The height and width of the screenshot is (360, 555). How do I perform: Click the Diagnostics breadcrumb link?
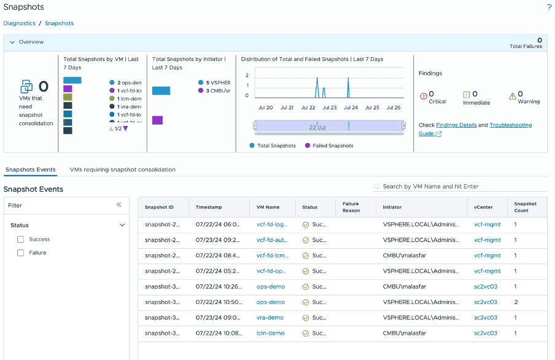click(19, 23)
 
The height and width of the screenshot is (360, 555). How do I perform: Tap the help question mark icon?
click(549, 7)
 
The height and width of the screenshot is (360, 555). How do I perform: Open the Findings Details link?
click(456, 125)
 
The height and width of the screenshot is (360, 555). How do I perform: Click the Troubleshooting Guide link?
click(510, 125)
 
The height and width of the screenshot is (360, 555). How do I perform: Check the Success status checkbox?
click(21, 240)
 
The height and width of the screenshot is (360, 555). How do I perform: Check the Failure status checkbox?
click(21, 253)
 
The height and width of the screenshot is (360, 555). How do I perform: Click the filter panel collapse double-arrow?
click(119, 205)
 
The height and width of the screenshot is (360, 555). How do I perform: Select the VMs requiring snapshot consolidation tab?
click(122, 170)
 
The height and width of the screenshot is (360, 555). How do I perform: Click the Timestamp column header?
click(209, 208)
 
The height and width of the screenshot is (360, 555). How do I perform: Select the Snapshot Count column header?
click(525, 207)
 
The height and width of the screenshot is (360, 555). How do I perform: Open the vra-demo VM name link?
click(270, 318)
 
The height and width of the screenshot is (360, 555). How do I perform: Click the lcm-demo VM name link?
click(270, 334)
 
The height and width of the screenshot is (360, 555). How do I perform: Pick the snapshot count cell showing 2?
click(516, 302)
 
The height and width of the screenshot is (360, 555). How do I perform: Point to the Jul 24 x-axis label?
click(351, 108)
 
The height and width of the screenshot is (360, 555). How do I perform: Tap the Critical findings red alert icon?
click(424, 96)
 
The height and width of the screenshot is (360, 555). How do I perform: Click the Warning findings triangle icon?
click(513, 96)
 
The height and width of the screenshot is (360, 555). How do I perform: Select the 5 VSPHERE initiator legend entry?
click(215, 82)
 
